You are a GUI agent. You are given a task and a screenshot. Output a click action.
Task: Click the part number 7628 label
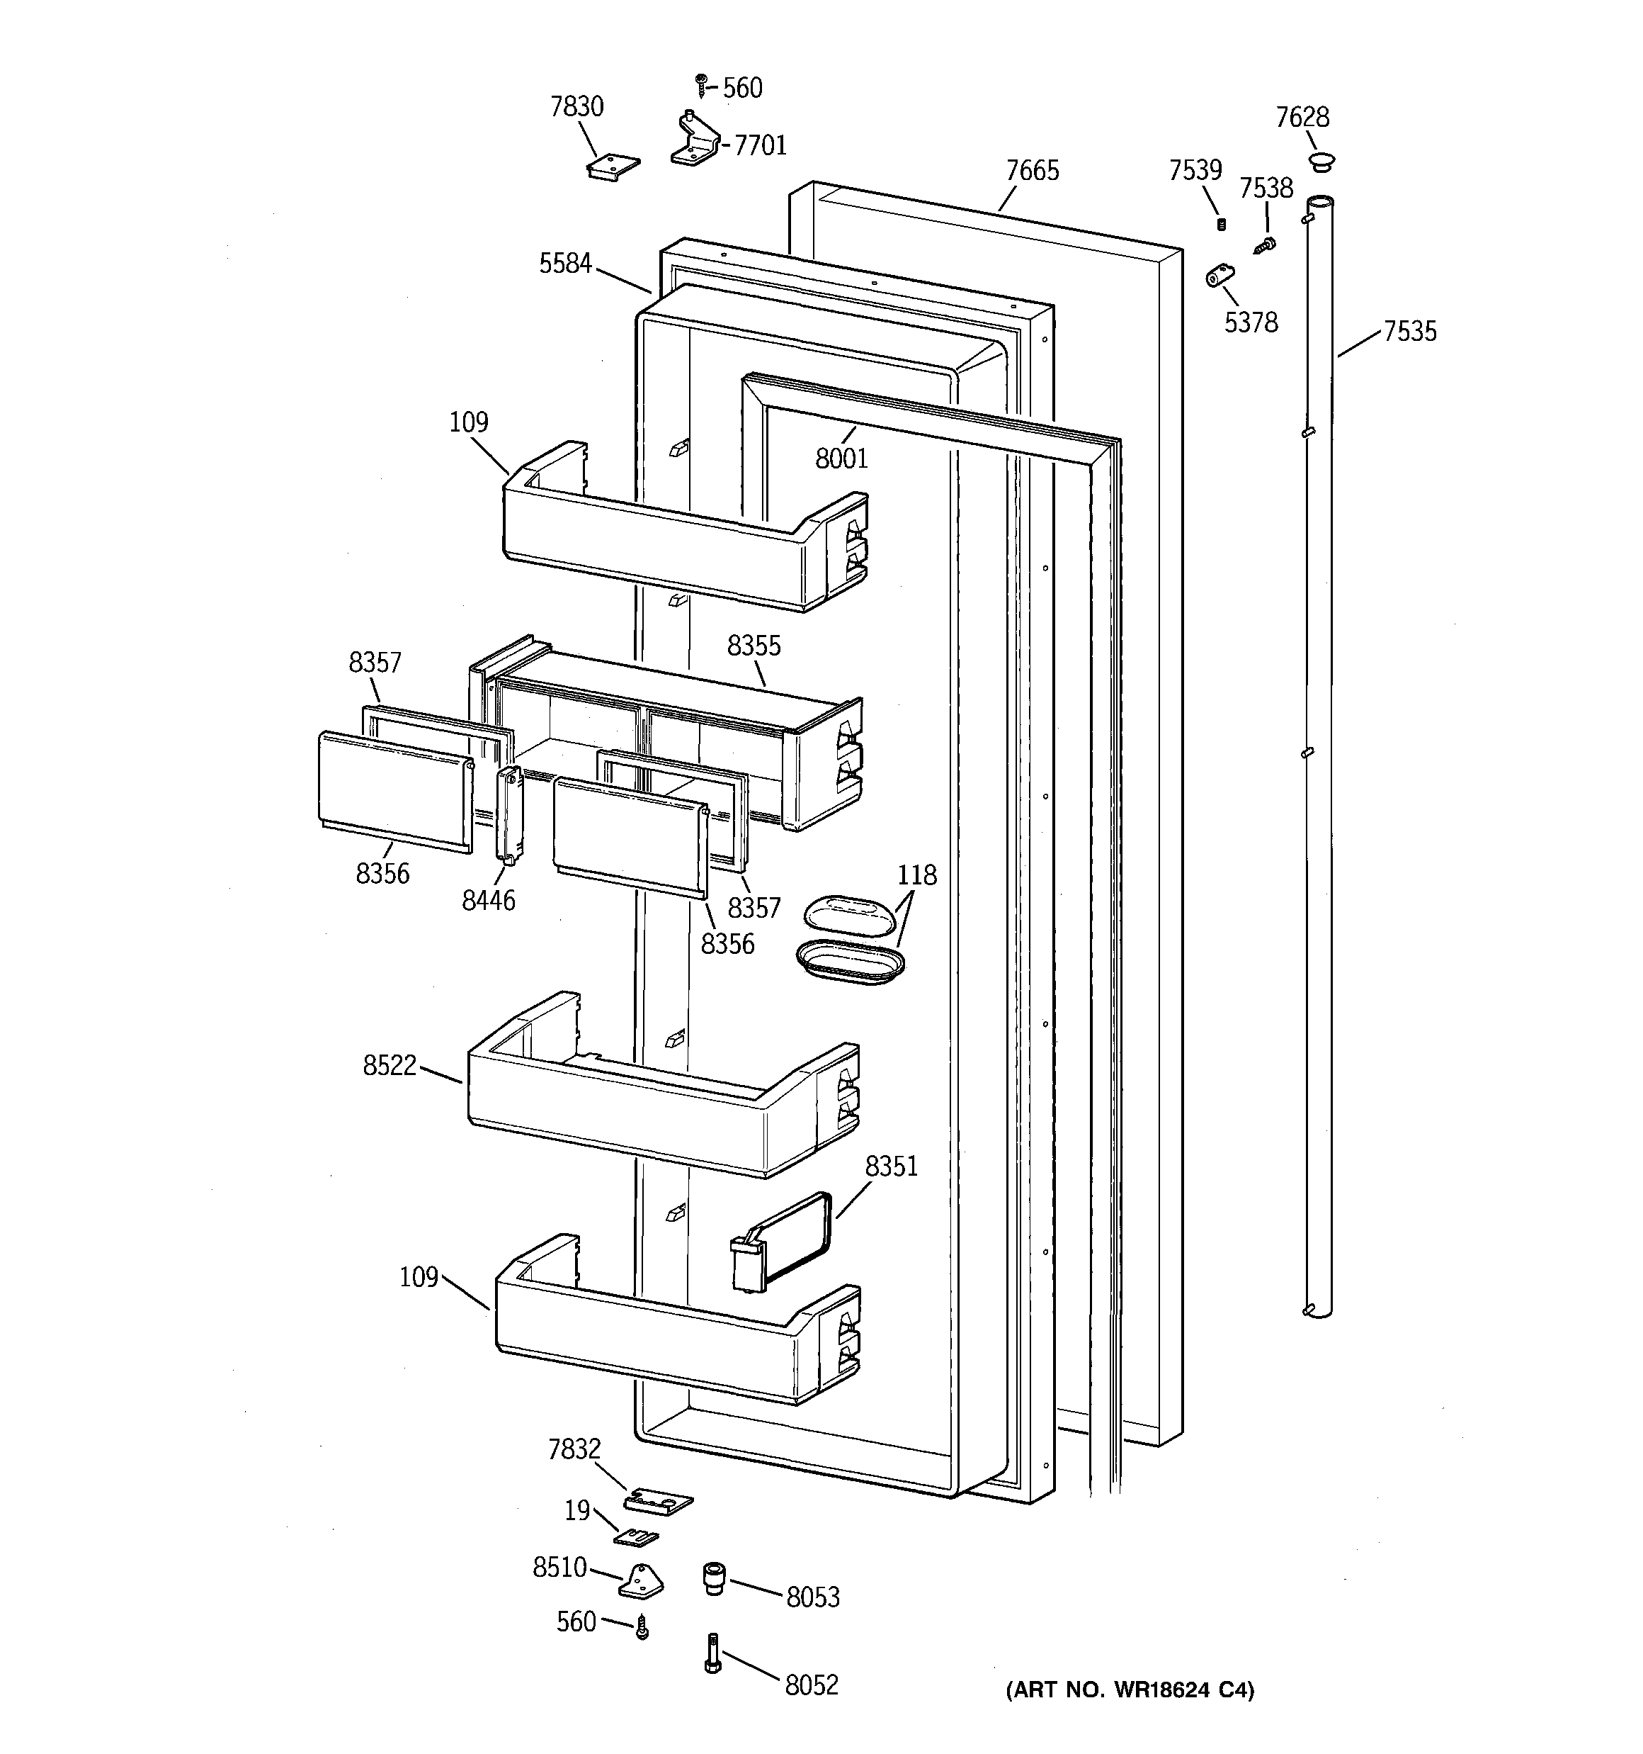[1302, 118]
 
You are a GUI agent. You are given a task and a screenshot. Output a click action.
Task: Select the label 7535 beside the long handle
[1409, 332]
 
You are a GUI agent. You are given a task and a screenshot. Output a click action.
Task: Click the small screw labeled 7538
[1266, 244]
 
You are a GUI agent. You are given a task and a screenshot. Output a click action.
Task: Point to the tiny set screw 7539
[1222, 224]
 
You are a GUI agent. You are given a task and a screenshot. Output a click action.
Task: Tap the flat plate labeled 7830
[613, 166]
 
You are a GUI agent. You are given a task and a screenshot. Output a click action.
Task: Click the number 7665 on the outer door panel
[1032, 172]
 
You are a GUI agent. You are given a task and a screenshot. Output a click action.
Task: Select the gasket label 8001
[841, 459]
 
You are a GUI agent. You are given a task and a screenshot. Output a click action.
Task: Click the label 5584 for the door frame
[565, 264]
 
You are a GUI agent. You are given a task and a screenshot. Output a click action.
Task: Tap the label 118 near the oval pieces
[916, 875]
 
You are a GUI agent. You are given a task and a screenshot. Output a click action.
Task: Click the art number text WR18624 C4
[1130, 1690]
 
